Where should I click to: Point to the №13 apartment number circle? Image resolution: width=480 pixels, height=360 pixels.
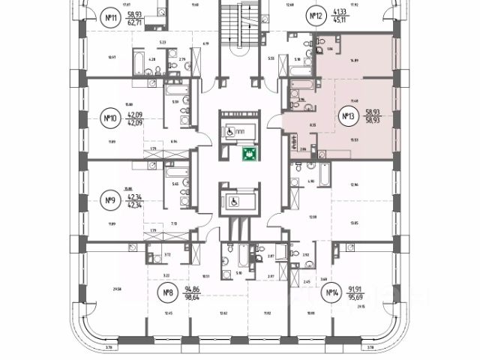[x=348, y=116]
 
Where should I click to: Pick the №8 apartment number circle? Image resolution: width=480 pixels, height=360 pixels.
[x=170, y=292]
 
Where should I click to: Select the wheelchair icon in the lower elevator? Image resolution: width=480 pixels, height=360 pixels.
[x=232, y=202]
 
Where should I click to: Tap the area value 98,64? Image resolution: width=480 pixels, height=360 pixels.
[x=196, y=298]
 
